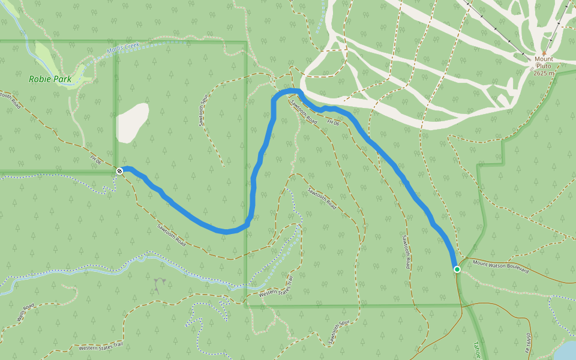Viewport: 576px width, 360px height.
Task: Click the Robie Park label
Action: pyautogui.click(x=50, y=79)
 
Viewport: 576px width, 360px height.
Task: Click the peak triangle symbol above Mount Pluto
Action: pyautogui.click(x=544, y=53)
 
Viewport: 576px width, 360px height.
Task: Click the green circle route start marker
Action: pyautogui.click(x=457, y=269)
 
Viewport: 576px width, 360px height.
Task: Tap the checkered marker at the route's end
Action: pyautogui.click(x=119, y=171)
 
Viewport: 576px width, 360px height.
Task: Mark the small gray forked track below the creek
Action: pyautogui.click(x=159, y=284)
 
